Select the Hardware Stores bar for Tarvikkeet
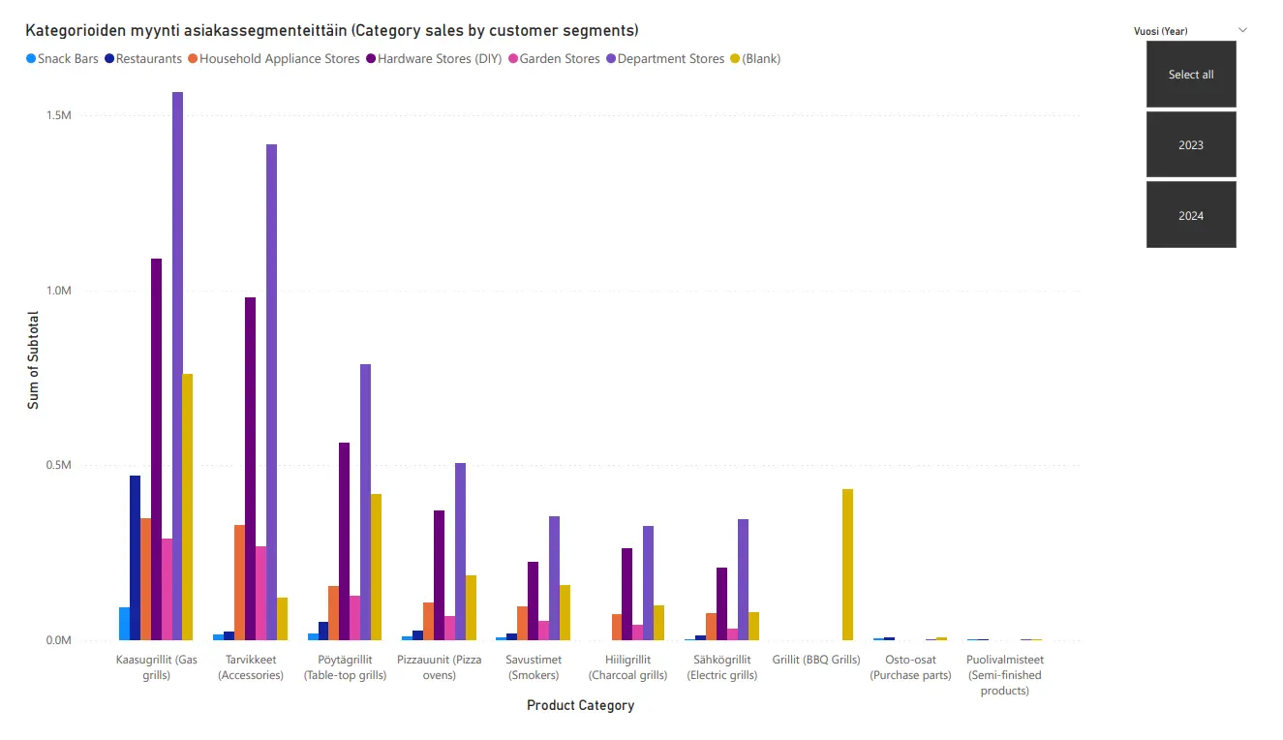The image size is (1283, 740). pos(250,469)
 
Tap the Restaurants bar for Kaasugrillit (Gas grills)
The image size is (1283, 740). pos(135,558)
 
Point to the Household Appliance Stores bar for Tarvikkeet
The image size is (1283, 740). pos(239,582)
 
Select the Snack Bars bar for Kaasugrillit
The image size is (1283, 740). pos(124,624)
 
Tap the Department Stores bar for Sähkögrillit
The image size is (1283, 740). pos(743,579)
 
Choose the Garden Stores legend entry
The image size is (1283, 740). pos(559,59)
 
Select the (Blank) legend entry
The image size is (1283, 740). pos(760,59)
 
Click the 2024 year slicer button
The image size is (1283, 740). pos(1191,215)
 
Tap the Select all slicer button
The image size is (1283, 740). pos(1191,75)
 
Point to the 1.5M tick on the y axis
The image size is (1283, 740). pos(59,116)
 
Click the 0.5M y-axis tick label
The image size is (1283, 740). pos(59,466)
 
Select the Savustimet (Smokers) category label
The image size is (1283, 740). pos(533,667)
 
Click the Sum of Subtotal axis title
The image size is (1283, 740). pos(33,360)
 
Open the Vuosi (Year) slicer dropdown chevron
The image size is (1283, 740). pos(1242,30)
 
